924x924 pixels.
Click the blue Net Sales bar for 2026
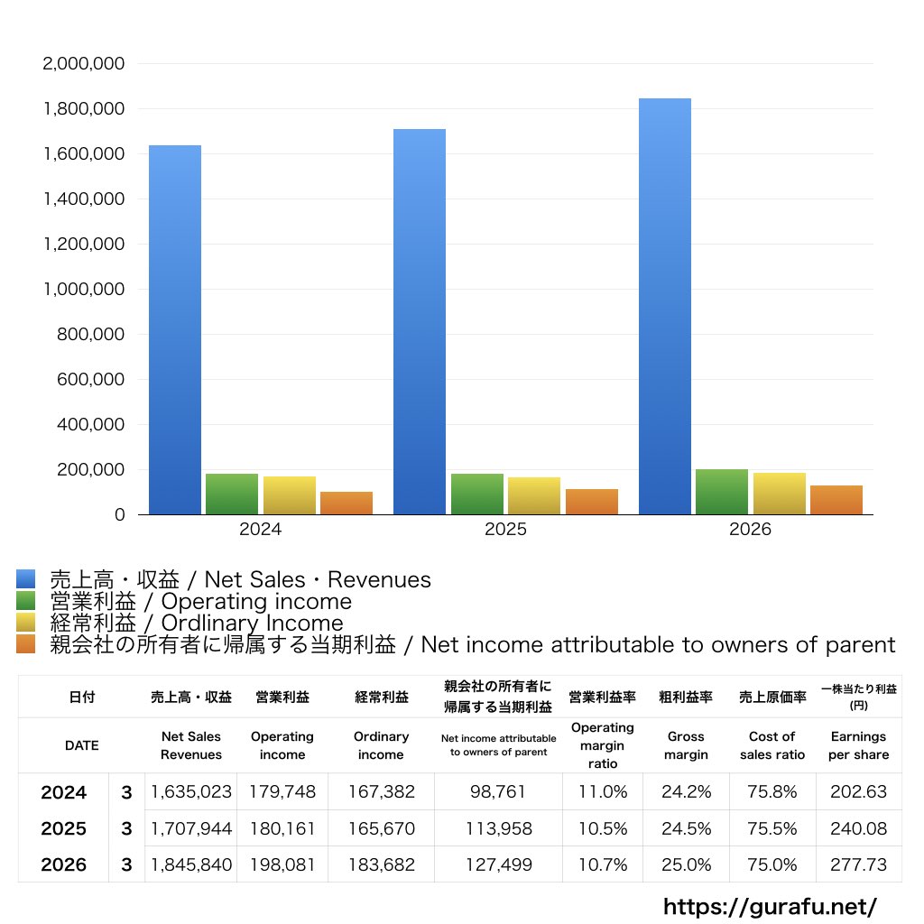point(665,307)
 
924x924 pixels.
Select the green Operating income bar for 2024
point(232,494)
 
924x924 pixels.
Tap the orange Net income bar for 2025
point(592,502)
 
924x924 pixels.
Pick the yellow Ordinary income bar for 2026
point(779,494)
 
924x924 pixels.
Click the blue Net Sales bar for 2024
point(175,330)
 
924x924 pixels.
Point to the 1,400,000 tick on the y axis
point(84,199)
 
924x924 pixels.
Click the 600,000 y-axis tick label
point(91,380)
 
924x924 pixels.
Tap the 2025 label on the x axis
point(505,529)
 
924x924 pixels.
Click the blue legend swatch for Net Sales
point(26,578)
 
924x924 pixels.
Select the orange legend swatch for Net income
point(26,644)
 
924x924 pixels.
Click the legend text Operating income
point(256,602)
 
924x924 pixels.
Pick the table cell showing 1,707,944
point(191,828)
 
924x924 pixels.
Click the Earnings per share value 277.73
point(859,864)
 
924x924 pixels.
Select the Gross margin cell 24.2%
point(686,791)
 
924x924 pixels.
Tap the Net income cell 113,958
point(498,828)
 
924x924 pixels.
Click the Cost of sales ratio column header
point(772,745)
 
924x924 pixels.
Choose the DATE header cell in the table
point(82,745)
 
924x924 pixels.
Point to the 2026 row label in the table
point(64,864)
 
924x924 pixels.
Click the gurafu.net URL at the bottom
point(770,906)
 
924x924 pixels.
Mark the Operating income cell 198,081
point(282,864)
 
